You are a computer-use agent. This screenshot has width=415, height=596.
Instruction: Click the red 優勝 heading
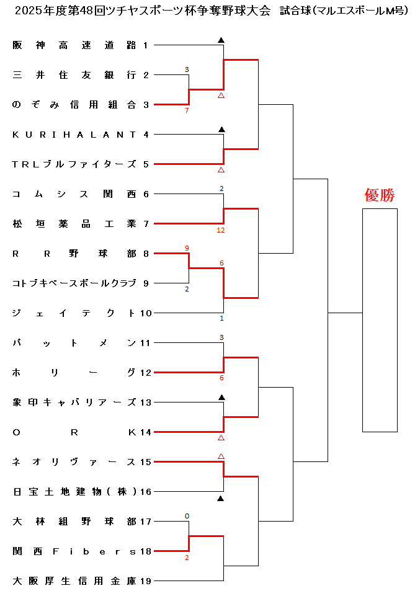click(380, 195)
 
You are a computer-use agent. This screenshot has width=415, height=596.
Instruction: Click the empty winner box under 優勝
click(380, 320)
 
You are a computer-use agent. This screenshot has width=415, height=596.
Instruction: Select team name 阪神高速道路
click(74, 45)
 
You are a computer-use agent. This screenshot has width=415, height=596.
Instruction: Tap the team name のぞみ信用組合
click(74, 104)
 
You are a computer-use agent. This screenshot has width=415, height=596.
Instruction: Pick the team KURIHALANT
click(74, 134)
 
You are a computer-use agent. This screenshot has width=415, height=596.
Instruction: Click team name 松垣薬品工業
click(74, 223)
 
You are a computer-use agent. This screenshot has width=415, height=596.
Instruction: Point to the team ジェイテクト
click(74, 313)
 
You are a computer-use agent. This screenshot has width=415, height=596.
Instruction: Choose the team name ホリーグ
click(74, 372)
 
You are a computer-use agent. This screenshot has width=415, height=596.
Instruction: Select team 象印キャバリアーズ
click(74, 402)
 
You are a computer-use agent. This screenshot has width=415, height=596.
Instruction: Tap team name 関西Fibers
click(74, 551)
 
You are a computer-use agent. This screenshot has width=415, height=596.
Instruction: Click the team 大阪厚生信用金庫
click(74, 580)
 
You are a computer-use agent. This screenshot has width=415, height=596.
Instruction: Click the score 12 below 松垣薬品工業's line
click(221, 230)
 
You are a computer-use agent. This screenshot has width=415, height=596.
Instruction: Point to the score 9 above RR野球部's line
click(187, 248)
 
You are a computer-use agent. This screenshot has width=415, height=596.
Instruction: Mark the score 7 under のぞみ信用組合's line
click(187, 110)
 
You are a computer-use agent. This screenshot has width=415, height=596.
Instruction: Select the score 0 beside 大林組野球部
click(187, 516)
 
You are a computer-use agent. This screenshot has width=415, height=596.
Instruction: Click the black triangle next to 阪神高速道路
click(221, 40)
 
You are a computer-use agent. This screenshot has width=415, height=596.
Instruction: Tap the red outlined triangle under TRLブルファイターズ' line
click(221, 169)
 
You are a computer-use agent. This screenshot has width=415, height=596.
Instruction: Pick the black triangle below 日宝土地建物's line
click(221, 497)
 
